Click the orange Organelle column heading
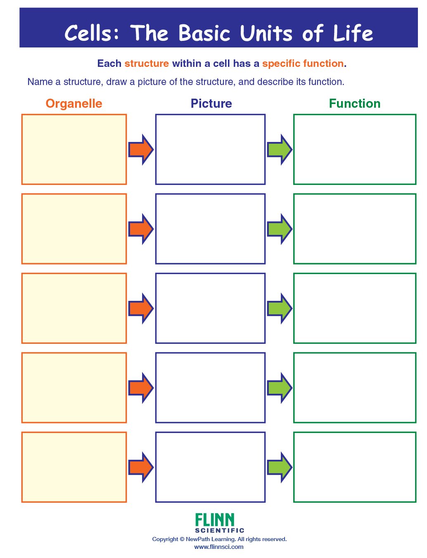click(74, 104)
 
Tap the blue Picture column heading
click(211, 104)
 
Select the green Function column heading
click(354, 104)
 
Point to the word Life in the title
click(353, 33)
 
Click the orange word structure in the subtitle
click(147, 64)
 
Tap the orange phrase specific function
click(303, 64)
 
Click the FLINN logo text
click(215, 520)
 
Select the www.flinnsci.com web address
click(219, 547)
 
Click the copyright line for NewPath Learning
click(219, 539)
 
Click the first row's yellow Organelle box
click(74, 149)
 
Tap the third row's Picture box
click(210, 308)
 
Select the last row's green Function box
click(355, 467)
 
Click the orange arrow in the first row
click(141, 149)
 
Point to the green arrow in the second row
click(280, 229)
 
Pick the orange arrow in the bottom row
click(141, 467)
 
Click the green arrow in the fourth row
click(280, 388)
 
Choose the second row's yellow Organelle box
click(74, 229)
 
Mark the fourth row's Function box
click(355, 388)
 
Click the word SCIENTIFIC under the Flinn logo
click(220, 530)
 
